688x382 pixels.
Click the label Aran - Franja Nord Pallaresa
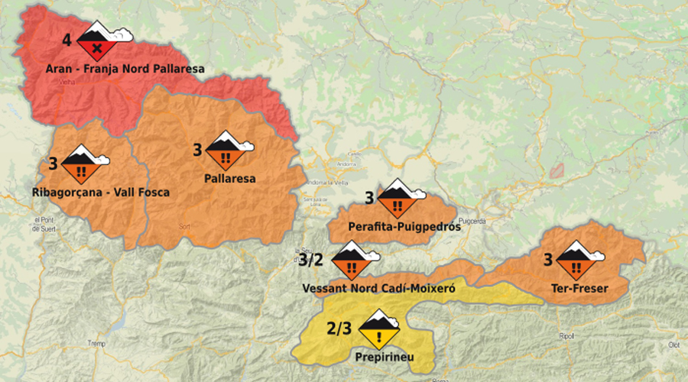pos(125,69)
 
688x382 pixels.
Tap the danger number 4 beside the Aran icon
pos(67,40)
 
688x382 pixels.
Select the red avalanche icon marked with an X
pos(96,42)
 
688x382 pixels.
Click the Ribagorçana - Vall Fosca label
pos(101,193)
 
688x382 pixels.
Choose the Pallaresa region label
pos(230,179)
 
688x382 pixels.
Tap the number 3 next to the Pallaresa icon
pos(197,150)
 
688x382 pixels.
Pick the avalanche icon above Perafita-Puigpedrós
pos(398,199)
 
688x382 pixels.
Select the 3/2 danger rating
pos(310,260)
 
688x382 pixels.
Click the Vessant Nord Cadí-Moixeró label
pos(379,290)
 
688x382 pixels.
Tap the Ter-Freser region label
pos(579,289)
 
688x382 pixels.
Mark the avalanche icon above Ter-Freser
pos(573,261)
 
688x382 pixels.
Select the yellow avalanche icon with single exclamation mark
pos(379,329)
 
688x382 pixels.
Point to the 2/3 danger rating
pos(339,329)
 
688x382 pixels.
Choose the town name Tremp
pos(96,342)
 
